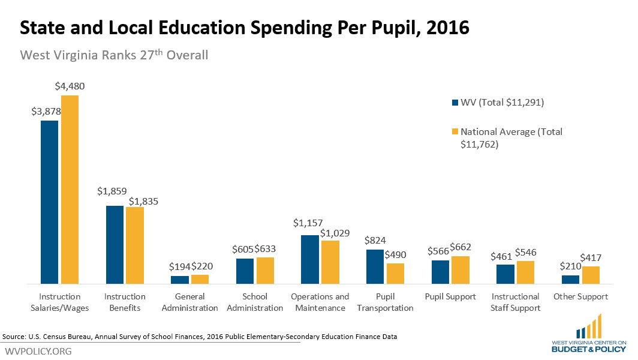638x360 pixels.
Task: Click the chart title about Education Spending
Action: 245,28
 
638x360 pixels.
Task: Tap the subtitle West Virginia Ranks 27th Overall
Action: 114,55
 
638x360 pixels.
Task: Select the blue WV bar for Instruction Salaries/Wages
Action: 50,202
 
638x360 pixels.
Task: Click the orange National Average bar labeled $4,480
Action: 70,189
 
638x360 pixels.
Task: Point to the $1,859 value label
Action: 112,191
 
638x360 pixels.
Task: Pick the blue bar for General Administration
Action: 180,280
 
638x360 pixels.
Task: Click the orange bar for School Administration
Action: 265,271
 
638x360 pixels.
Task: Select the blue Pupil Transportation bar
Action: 375,266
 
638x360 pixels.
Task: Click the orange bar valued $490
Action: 395,274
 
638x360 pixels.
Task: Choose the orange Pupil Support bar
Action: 461,269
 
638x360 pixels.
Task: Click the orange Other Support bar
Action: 591,275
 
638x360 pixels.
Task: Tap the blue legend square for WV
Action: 454,103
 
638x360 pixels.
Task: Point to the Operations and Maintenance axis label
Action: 320,302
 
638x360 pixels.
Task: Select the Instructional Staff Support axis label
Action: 515,302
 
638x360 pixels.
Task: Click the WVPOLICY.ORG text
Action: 38,351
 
